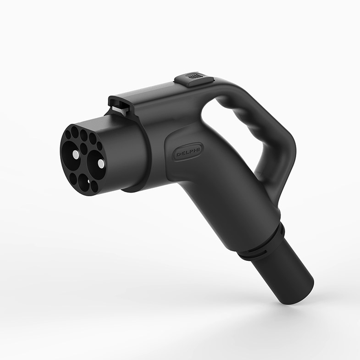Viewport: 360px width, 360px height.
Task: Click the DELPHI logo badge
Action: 188,152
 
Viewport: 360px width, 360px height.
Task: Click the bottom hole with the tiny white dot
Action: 84,183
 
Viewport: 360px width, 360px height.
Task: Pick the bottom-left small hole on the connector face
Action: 73,178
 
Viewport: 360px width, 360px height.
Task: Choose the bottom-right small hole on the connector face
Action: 94,186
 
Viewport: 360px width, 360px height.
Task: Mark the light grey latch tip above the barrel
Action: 118,109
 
